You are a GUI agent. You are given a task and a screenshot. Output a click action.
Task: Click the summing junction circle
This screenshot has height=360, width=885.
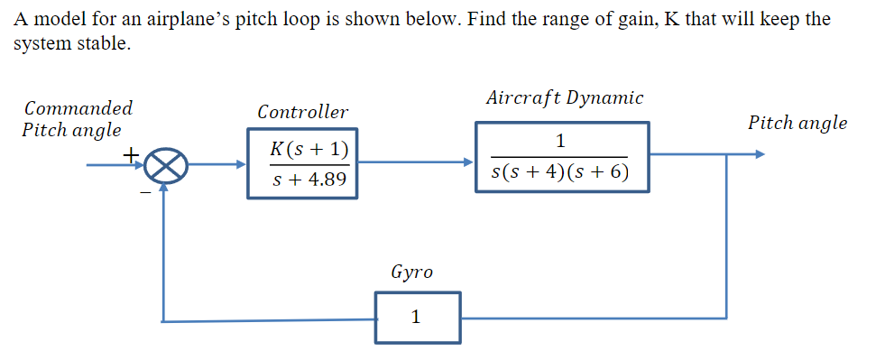[x=165, y=166]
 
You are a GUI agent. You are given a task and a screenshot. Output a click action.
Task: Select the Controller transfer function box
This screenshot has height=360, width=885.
[x=302, y=163]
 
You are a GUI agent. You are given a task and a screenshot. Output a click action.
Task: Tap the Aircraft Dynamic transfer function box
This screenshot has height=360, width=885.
[x=561, y=156]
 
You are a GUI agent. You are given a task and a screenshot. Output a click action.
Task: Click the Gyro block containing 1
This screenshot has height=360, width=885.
[x=418, y=318]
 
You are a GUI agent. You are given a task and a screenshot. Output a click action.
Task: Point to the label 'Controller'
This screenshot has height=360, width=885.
[x=302, y=113]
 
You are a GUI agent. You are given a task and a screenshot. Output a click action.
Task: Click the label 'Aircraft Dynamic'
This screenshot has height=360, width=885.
[x=564, y=97]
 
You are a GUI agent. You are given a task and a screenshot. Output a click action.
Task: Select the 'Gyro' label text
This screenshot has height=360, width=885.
[x=411, y=272]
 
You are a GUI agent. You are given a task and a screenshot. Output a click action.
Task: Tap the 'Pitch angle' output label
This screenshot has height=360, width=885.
[x=797, y=123]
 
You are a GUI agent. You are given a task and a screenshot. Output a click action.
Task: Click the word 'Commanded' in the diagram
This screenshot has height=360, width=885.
[x=78, y=108]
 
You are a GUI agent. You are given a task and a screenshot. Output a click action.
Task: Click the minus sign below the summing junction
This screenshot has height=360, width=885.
[x=143, y=189]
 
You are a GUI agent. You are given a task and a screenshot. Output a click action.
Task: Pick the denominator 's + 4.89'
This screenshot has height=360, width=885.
[x=309, y=180]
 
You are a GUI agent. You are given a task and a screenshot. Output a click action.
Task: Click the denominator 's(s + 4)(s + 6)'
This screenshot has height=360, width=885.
[x=560, y=171]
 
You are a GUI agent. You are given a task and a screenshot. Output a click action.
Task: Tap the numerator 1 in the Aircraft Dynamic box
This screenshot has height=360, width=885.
[x=561, y=140]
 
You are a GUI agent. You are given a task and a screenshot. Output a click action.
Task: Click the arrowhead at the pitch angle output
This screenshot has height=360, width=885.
[x=760, y=153]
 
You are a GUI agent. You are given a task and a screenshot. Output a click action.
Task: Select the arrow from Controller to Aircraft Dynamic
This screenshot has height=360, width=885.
[x=415, y=163]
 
